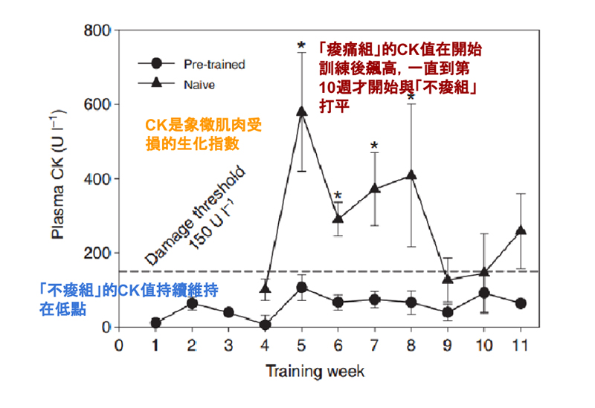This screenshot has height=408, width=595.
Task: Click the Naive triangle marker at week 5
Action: (301, 111)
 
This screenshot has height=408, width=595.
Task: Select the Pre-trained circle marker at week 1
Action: (155, 323)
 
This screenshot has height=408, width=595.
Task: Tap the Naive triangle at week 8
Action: (411, 175)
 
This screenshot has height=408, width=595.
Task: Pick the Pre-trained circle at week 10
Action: (484, 293)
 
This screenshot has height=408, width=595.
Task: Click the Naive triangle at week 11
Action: (521, 231)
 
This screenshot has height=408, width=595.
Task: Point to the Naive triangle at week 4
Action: (266, 288)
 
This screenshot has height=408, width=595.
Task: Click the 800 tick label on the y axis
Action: (97, 31)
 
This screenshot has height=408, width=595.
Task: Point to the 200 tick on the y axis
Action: (97, 253)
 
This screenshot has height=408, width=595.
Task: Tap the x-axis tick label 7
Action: (374, 344)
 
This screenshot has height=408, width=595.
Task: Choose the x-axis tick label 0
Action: (119, 344)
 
